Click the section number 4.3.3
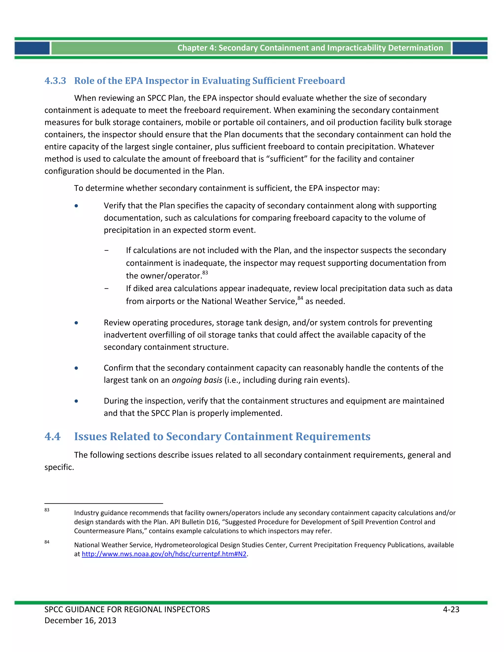point(55,81)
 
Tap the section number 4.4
point(53,436)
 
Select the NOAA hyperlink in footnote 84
point(164,554)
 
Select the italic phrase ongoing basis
point(197,380)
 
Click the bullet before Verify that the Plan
point(77,206)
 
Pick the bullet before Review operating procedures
point(77,323)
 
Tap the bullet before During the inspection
point(77,401)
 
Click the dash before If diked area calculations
point(107,289)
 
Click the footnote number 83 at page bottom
point(47,510)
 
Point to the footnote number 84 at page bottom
point(47,542)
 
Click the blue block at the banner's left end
point(32,48)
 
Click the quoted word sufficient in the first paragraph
point(288,159)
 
